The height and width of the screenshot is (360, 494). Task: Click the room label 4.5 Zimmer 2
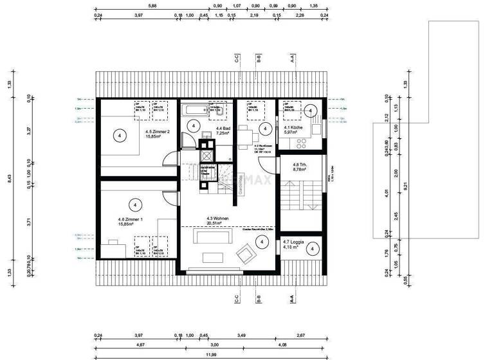click(158, 134)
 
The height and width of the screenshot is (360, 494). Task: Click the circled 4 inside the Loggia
click(311, 248)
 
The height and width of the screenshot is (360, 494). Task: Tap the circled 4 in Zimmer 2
click(118, 135)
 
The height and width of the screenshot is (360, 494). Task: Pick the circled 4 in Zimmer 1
click(134, 204)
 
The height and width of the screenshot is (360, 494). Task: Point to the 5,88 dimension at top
click(152, 6)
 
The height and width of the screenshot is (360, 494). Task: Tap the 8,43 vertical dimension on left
click(8, 181)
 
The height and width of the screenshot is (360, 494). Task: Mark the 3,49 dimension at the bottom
click(242, 335)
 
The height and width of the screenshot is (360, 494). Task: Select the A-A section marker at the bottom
click(292, 299)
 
